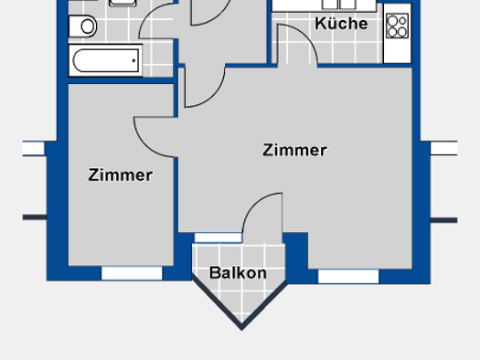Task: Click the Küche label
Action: (341, 24)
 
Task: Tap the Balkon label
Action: (238, 272)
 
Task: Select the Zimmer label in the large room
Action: (294, 150)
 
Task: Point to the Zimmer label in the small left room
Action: (121, 175)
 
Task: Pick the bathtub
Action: (104, 61)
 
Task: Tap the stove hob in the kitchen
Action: (397, 26)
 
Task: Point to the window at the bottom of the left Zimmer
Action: (132, 272)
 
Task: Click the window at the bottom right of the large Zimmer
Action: (347, 275)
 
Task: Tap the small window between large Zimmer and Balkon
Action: (218, 238)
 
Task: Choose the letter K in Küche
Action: (321, 24)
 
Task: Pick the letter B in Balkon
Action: (215, 272)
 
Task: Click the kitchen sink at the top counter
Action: (333, 4)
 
